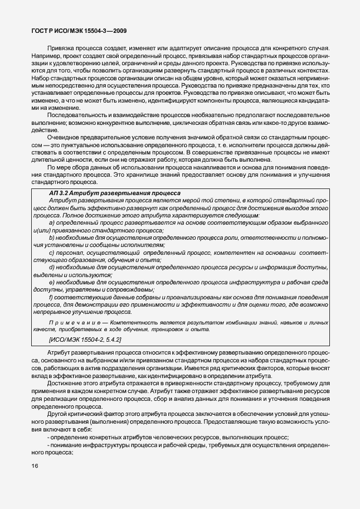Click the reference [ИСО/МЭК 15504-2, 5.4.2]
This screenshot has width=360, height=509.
[x=85, y=340]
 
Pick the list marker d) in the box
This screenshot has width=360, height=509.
[x=52, y=267]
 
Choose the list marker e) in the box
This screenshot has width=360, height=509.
[x=52, y=282]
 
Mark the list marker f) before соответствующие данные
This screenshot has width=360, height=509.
[x=51, y=297]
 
